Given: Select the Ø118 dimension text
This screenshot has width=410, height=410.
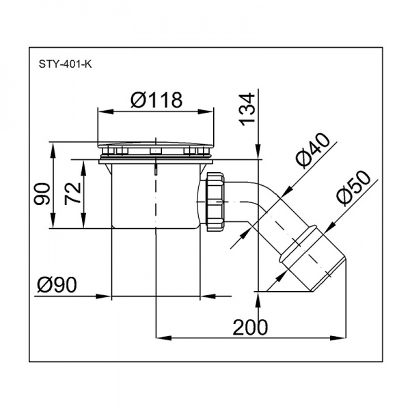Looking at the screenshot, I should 156,100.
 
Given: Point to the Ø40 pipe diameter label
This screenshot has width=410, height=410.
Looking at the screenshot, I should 312,149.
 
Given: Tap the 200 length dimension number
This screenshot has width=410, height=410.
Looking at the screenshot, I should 250,327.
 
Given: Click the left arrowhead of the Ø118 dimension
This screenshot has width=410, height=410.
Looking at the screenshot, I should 102,111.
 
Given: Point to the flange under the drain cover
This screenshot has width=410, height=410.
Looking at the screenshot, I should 156,161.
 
